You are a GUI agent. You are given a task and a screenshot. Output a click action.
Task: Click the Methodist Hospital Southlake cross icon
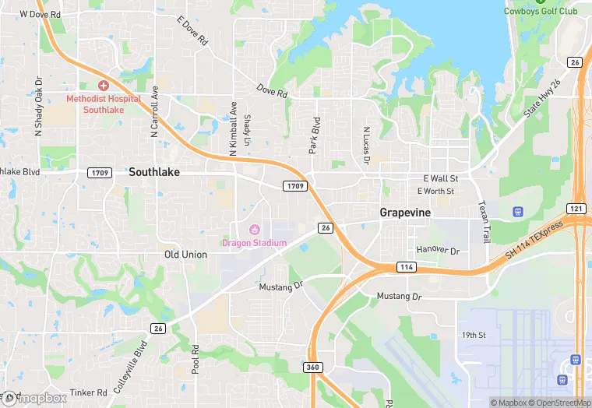click(103, 85)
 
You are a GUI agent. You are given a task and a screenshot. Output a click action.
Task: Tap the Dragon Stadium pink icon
click(254, 230)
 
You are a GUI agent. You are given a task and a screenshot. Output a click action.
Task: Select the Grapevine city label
click(405, 212)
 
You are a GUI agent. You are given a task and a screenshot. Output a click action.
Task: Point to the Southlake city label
click(154, 172)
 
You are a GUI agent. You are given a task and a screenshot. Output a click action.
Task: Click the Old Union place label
click(186, 255)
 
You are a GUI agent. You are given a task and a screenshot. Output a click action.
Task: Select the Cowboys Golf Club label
click(541, 11)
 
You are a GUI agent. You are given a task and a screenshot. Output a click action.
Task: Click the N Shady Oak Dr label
click(37, 107)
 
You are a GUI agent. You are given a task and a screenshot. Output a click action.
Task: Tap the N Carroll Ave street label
click(154, 111)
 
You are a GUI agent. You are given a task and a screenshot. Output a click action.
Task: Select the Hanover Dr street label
click(439, 251)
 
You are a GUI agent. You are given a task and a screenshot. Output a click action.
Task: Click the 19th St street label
click(473, 335)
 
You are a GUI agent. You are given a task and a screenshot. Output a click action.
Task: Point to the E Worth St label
click(435, 191)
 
